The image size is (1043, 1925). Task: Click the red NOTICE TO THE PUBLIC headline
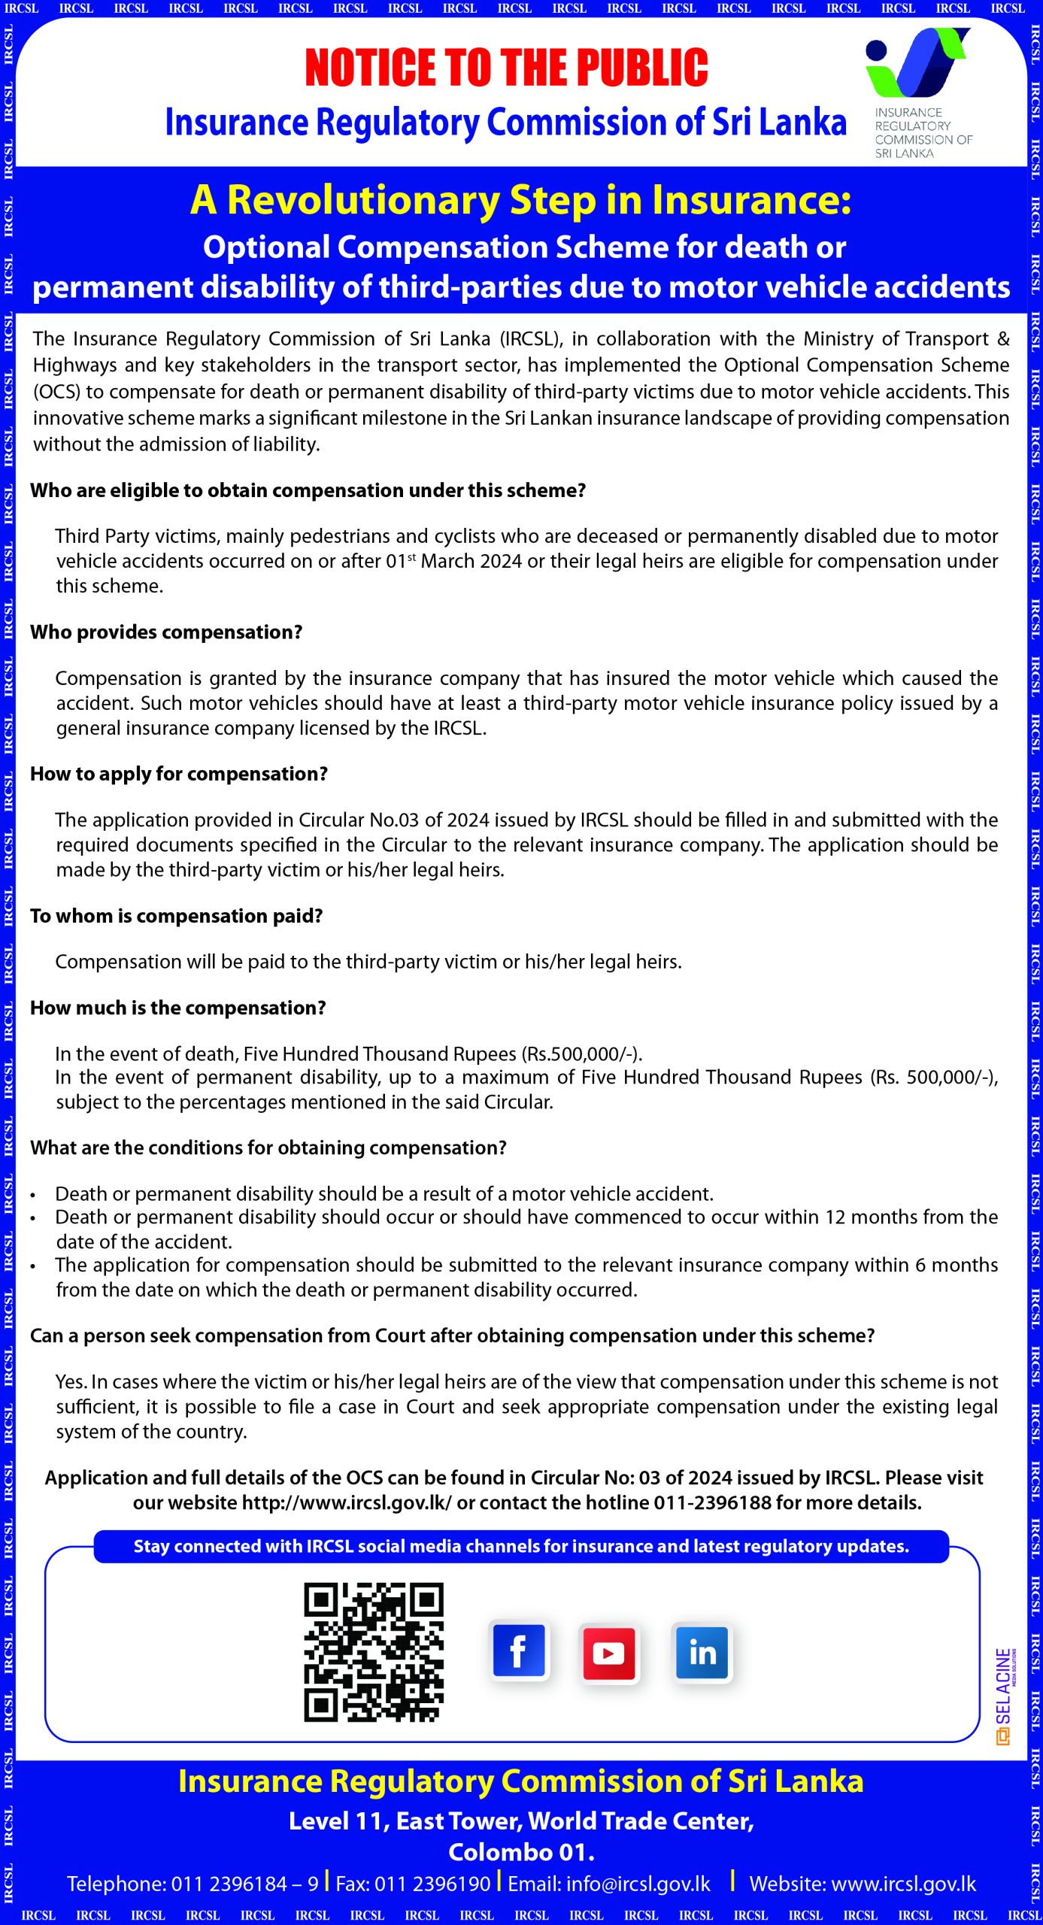(506, 68)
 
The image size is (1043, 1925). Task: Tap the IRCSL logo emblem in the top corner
(917, 63)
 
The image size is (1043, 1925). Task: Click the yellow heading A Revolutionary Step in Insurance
(520, 201)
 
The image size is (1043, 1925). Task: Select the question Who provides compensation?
(166, 632)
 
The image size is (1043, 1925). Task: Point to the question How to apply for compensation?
(179, 774)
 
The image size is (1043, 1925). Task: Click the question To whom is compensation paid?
(177, 916)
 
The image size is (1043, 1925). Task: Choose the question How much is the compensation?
(178, 1008)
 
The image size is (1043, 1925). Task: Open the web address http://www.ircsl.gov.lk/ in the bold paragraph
(347, 1503)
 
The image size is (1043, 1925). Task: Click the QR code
(374, 1652)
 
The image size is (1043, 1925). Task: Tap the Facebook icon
(519, 1652)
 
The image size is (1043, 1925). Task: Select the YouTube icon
(609, 1653)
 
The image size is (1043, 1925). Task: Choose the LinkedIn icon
(702, 1653)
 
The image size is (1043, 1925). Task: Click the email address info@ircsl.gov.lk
(609, 1884)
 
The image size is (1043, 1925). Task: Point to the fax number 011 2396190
(432, 1884)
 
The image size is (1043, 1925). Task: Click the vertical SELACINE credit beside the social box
(1004, 1696)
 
